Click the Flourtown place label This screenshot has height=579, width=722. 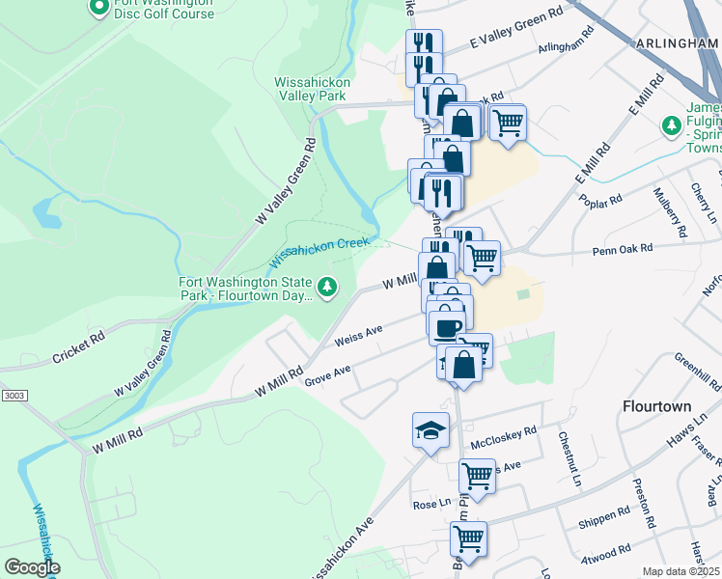[656, 406]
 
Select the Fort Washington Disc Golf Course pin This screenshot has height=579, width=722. [97, 8]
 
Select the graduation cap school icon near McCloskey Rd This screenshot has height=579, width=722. [430, 430]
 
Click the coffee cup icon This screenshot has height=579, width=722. [447, 327]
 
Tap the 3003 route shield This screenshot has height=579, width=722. [14, 396]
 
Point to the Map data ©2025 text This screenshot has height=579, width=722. [680, 571]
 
